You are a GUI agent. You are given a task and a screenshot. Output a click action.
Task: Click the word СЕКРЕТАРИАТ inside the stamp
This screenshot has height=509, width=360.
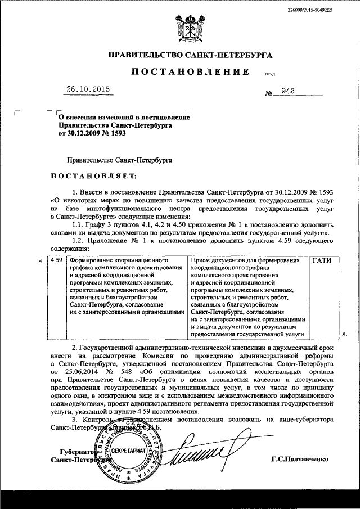(129, 451)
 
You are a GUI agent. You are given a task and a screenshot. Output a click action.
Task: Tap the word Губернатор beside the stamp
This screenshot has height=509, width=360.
(71, 452)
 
